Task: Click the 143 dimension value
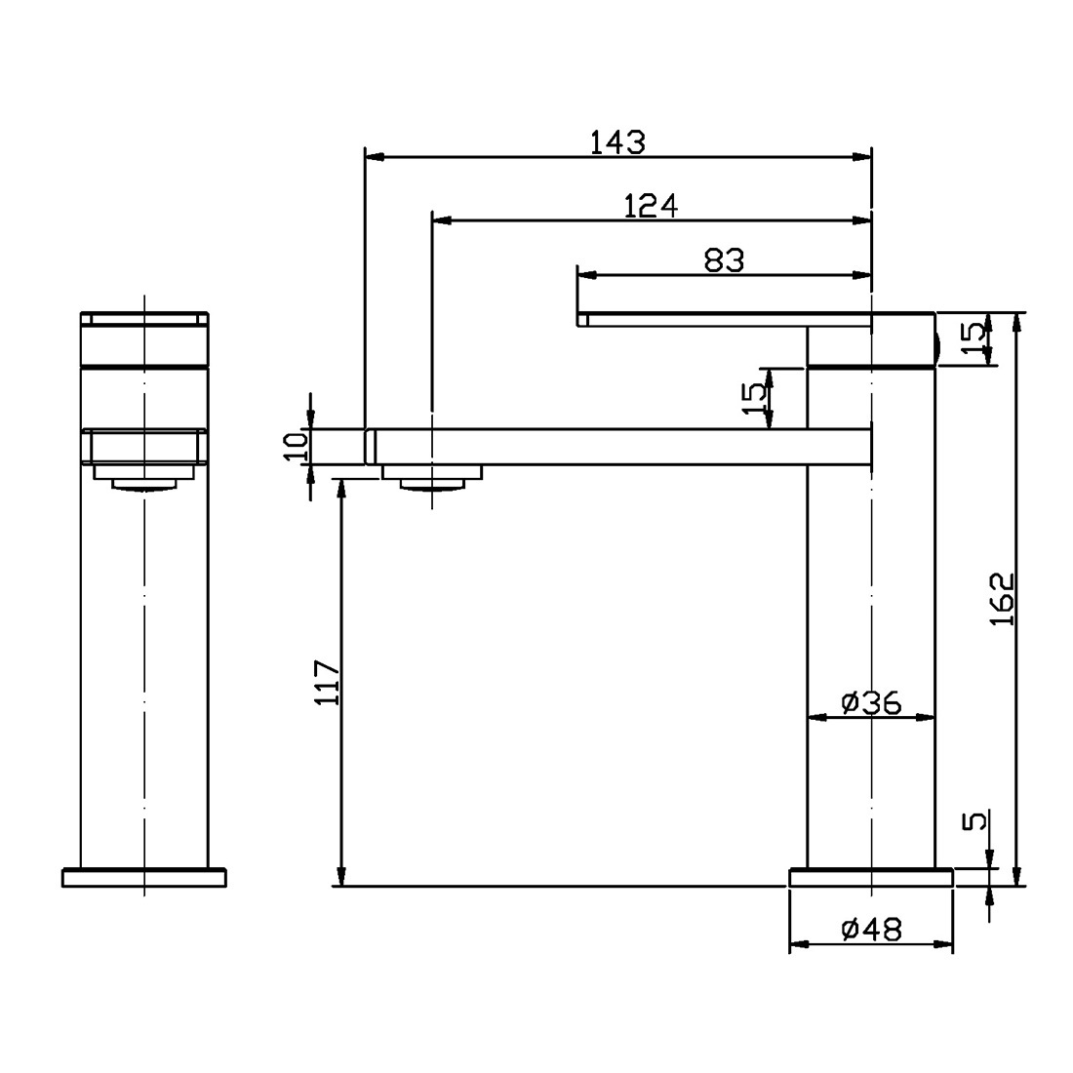click(617, 142)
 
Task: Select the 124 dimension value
click(651, 206)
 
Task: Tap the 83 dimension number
click(723, 260)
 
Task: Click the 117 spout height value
click(328, 682)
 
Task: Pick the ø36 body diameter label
click(870, 701)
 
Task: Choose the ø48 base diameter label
click(870, 930)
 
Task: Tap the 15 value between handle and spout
click(753, 398)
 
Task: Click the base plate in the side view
click(870, 878)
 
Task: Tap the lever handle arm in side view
click(722, 319)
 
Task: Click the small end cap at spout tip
click(370, 446)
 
